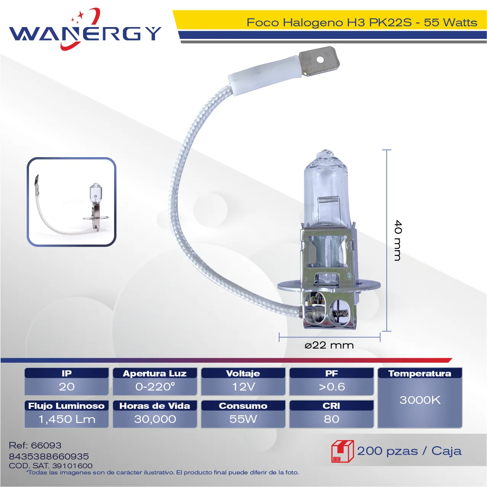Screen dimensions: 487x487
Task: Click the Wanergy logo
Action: point(85,30)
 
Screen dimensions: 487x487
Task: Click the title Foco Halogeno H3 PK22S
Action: point(329,23)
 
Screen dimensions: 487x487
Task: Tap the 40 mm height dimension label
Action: point(398,240)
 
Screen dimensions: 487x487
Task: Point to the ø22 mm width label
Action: point(329,345)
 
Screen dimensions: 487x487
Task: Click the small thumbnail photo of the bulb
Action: point(72,202)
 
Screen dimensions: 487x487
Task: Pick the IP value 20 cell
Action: point(67,387)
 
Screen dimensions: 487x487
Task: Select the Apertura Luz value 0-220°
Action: point(155,387)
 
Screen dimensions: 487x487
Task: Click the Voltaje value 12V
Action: point(243,387)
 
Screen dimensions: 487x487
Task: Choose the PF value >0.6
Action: point(331,387)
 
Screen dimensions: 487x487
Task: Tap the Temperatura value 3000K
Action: point(420,400)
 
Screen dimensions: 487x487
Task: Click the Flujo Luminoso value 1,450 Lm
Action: point(67,419)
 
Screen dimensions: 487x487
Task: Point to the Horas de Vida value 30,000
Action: point(155,419)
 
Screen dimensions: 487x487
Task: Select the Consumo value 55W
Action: point(243,419)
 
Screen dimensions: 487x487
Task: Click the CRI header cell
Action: point(331,406)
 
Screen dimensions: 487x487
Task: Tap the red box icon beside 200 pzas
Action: point(342,451)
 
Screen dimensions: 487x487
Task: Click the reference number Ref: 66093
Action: point(35,445)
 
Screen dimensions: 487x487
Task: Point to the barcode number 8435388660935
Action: point(49,456)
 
